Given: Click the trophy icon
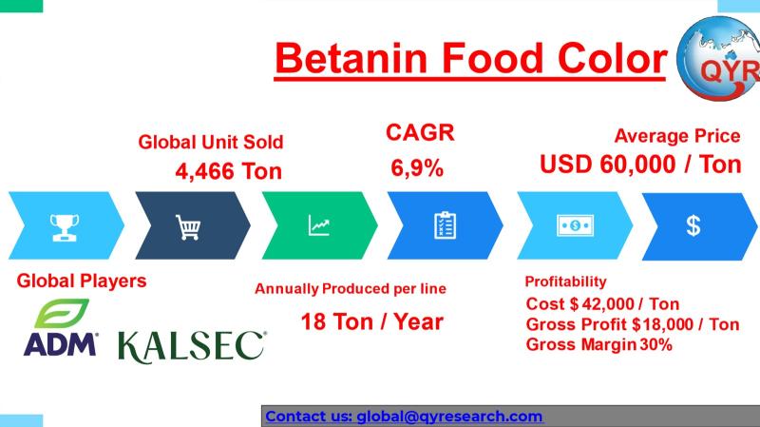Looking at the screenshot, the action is tap(65, 227).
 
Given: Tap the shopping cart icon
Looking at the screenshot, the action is tap(188, 227).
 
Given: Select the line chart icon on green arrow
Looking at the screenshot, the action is tap(319, 225).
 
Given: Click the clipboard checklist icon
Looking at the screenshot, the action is tap(445, 225).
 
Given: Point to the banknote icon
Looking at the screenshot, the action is tap(576, 225).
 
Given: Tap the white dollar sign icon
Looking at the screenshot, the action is tap(693, 225).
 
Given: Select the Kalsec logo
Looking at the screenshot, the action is tap(192, 347).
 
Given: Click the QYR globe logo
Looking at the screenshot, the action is tap(718, 58).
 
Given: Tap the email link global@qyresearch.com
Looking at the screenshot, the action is tap(449, 417).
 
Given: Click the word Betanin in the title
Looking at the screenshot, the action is tap(351, 58).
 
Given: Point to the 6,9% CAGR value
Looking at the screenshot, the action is tap(417, 168).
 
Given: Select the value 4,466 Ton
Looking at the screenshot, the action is tap(228, 171).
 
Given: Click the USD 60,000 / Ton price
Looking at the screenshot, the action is tap(640, 164).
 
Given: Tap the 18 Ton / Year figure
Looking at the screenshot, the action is tap(371, 321).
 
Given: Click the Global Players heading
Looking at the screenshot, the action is tap(82, 281).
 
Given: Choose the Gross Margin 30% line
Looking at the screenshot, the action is tap(599, 344).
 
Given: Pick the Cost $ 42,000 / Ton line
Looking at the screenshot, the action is tap(602, 303).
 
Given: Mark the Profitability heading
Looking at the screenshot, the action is tap(565, 281).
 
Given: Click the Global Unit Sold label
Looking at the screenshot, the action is tap(210, 142).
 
